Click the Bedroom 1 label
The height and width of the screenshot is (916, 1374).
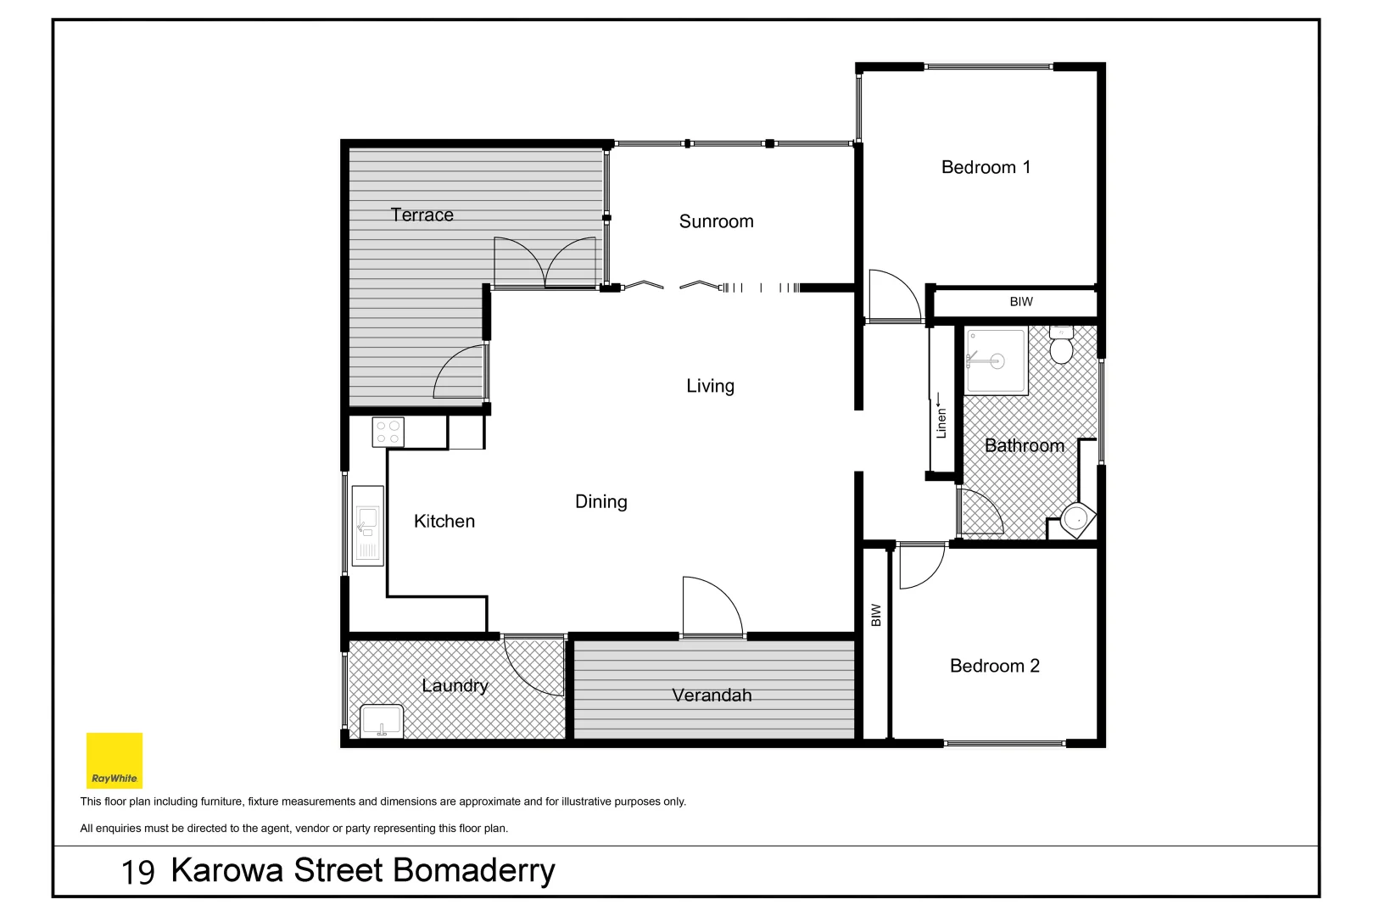[x=986, y=167]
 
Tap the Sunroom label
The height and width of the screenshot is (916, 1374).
[x=716, y=221]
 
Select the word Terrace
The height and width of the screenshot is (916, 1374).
[x=422, y=215]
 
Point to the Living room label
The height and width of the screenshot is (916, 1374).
[x=710, y=386]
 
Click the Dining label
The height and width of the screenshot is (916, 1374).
[x=600, y=501]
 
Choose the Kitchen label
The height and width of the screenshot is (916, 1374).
[x=444, y=522]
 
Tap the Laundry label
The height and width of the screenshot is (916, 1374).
[x=455, y=685]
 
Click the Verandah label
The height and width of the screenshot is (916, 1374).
[x=712, y=695]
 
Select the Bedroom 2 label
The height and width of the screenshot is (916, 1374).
[x=994, y=666]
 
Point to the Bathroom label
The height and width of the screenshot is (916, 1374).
[x=1024, y=446]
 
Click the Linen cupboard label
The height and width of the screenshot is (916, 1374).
[x=941, y=421]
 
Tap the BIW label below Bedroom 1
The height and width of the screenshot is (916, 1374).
[x=1021, y=302]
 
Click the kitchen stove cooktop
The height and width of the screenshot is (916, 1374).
[x=388, y=433]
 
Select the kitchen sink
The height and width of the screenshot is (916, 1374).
[x=367, y=526]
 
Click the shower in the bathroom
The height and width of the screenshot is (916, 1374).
[x=996, y=361]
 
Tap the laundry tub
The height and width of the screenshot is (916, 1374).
[x=382, y=722]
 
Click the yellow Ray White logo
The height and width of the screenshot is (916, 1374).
[x=114, y=760]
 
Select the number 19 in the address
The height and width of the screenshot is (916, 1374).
[x=137, y=872]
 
